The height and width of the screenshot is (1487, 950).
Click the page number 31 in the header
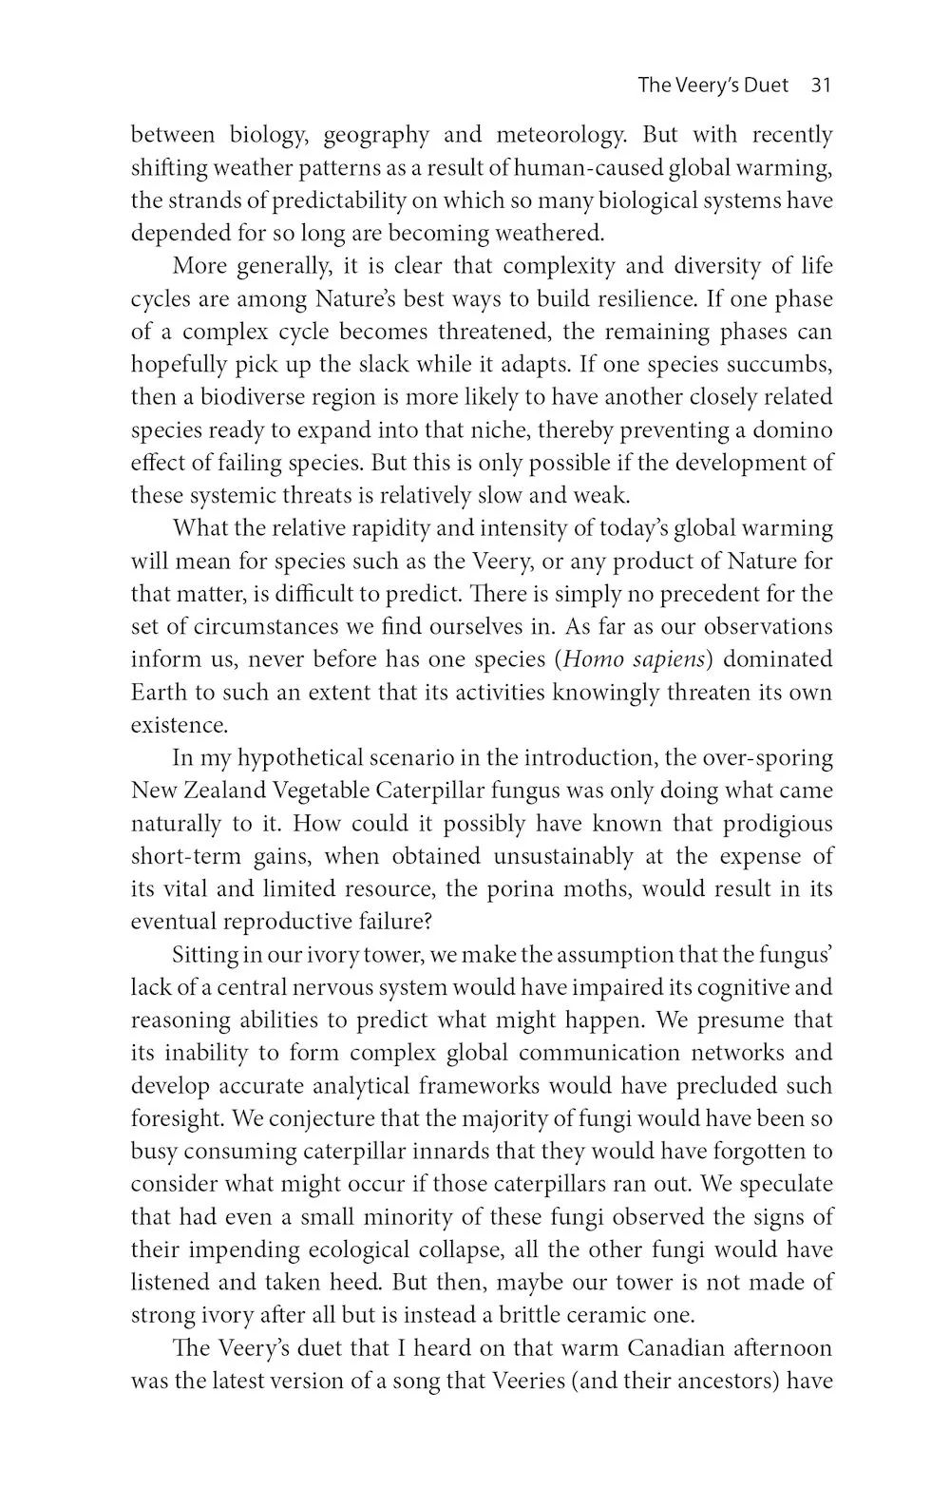[x=821, y=86]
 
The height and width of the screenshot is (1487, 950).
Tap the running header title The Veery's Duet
[x=712, y=86]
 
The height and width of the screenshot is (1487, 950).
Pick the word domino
[x=793, y=430]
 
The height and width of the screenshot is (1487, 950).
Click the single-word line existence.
[x=179, y=726]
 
